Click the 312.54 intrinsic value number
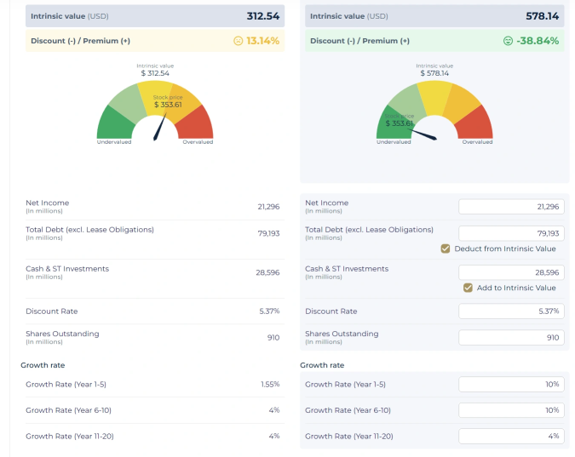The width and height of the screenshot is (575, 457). (262, 16)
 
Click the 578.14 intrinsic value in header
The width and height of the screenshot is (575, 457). (543, 16)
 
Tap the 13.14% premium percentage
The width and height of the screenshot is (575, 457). (262, 41)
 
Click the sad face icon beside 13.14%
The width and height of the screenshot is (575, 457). (238, 41)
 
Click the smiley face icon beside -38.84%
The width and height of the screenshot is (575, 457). (509, 41)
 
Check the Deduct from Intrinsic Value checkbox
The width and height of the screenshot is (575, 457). (446, 248)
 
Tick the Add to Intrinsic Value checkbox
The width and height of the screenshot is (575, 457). (468, 288)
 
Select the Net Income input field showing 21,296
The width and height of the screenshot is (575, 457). (511, 207)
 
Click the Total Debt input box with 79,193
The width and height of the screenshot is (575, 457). (511, 233)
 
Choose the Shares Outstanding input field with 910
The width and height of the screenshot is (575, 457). (511, 337)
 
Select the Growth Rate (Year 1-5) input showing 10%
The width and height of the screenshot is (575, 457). (511, 385)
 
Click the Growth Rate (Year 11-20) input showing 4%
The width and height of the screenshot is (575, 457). (511, 436)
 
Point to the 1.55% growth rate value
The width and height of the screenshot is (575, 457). (269, 385)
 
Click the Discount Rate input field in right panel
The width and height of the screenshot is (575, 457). (511, 311)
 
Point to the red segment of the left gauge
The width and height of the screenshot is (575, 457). (199, 126)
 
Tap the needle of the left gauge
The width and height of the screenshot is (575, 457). (159, 128)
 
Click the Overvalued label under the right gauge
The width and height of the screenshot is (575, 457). (477, 142)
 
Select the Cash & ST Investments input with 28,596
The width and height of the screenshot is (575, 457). (511, 272)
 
